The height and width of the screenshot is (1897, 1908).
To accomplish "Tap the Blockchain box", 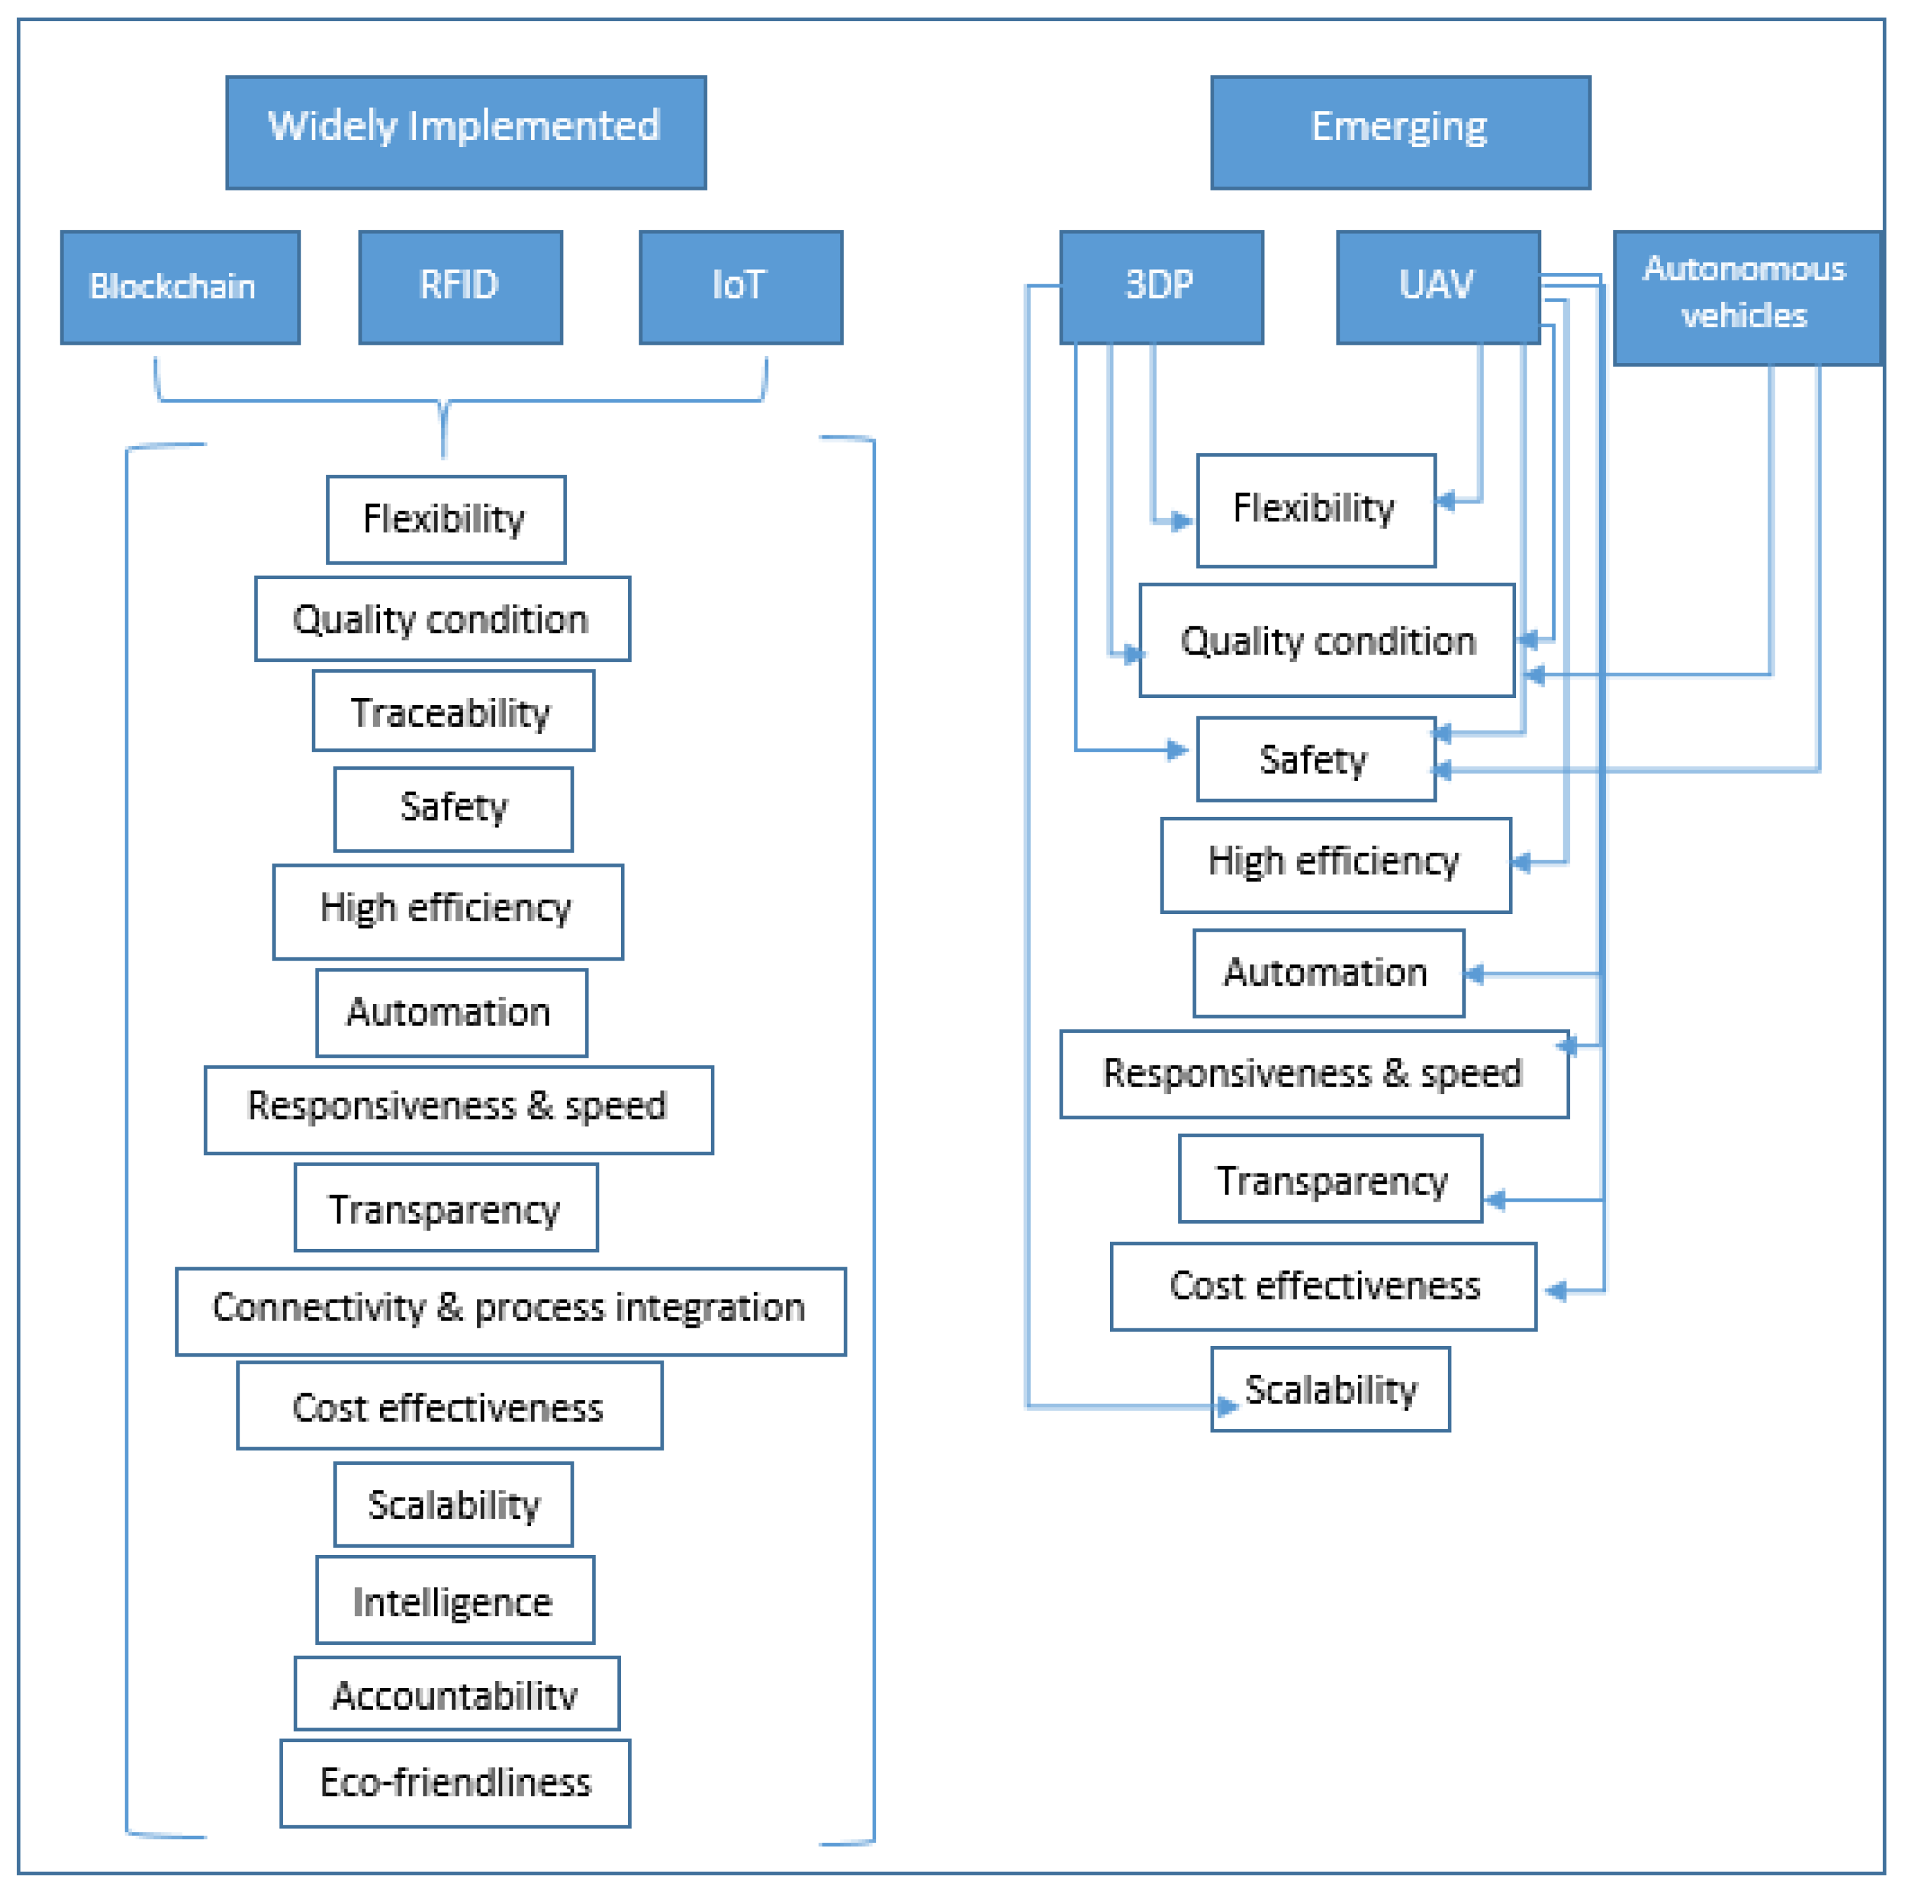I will pyautogui.click(x=180, y=286).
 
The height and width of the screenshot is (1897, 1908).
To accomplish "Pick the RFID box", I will pyautogui.click(x=460, y=286).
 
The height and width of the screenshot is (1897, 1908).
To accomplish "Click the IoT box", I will pyautogui.click(x=740, y=286).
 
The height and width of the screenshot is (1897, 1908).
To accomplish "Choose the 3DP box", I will pyautogui.click(x=1160, y=286).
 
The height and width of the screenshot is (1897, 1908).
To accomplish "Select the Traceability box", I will pyautogui.click(x=454, y=710).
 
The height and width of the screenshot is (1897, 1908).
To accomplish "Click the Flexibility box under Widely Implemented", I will pyautogui.click(x=446, y=519).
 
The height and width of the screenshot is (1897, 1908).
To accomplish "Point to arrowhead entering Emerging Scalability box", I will pyautogui.click(x=1227, y=1405).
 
